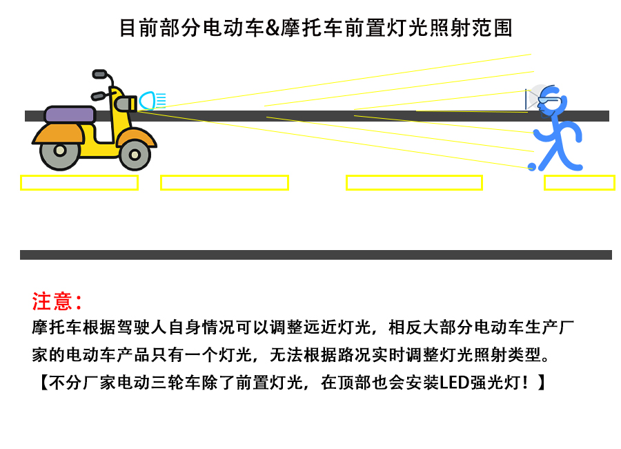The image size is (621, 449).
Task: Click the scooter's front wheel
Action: pos(135,155)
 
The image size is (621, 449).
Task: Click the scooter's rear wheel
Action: pos(60,151)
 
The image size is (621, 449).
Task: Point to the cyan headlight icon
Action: pos(152,100)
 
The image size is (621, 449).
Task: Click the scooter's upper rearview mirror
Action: pos(100,74)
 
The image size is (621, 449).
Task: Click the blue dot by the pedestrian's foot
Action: pos(532,167)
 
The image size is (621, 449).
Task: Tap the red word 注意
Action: pos(52,301)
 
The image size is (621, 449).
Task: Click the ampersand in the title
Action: pos(273,28)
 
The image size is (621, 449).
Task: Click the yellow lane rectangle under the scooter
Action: pos(79,183)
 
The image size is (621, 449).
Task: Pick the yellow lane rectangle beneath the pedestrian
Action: pos(580,183)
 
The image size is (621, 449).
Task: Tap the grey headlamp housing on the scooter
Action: pos(125,104)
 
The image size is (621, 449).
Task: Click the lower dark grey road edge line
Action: pos(316,255)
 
